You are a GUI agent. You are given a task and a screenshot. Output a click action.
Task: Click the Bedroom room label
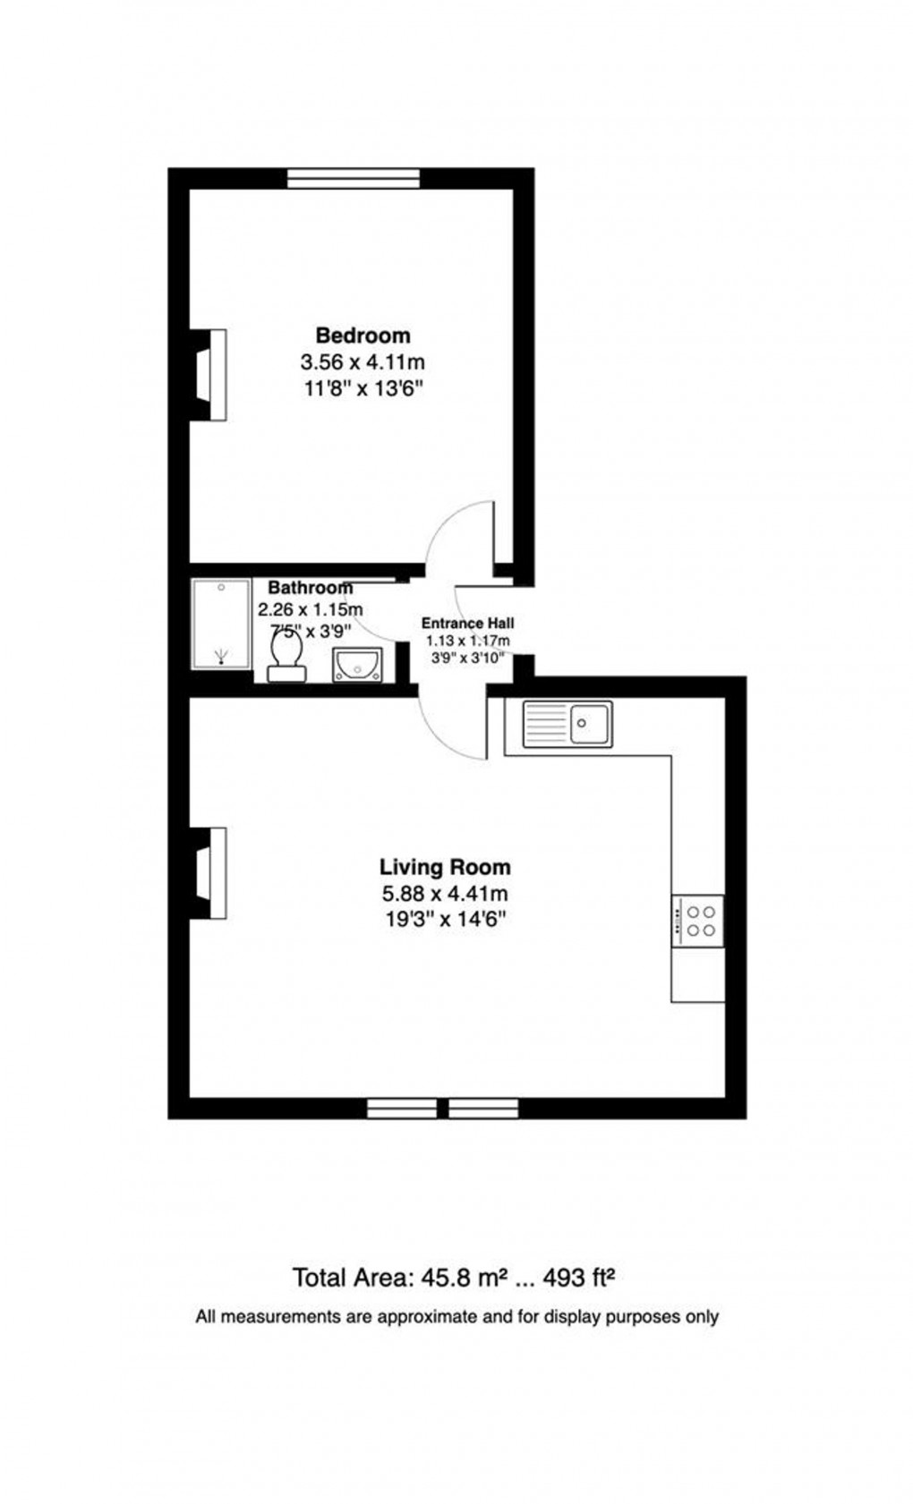363,335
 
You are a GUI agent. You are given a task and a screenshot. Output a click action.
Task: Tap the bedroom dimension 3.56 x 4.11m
362,362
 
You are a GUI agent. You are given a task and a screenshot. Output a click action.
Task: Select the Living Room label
445,866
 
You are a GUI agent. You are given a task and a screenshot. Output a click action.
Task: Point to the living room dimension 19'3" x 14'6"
445,918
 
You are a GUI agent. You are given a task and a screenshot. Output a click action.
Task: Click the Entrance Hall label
467,624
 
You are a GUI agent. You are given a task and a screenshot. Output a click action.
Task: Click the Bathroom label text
310,588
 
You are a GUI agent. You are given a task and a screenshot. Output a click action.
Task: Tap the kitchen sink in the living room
567,723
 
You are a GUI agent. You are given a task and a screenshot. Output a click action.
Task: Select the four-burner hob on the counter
697,921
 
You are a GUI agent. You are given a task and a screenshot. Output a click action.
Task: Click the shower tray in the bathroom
220,624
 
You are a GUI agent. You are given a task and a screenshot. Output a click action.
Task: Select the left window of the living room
402,1108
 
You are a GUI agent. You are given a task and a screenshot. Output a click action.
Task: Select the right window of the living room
483,1108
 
